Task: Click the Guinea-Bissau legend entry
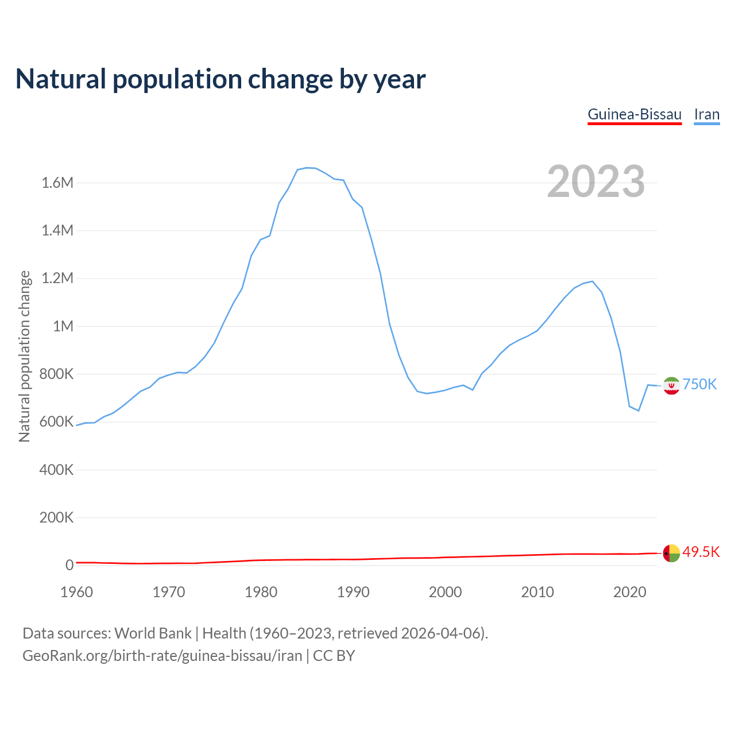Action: [635, 114]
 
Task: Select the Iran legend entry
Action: [707, 114]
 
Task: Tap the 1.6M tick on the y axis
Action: [57, 183]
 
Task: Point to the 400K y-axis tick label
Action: [56, 470]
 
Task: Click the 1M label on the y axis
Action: [63, 326]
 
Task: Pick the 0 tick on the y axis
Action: [69, 565]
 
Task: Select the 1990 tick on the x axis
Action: [353, 592]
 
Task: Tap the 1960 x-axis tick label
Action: [76, 592]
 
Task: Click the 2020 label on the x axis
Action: [630, 592]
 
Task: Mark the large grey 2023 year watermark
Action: [596, 181]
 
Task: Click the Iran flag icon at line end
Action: [671, 386]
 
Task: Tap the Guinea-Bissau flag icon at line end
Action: [671, 554]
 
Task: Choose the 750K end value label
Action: [699, 384]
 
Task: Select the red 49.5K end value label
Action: [701, 552]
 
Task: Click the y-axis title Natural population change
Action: [25, 356]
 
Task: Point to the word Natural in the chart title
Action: [61, 79]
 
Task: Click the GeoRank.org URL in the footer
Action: [162, 655]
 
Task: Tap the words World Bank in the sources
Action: [153, 633]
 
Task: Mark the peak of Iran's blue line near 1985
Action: [307, 168]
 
